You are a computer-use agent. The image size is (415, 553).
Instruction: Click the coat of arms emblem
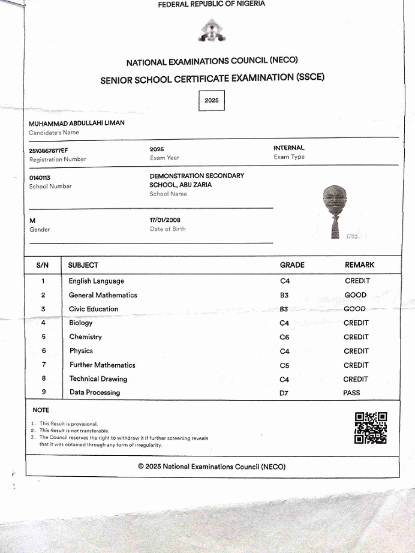coord(212,32)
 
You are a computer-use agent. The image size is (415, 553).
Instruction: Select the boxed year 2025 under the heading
coord(212,101)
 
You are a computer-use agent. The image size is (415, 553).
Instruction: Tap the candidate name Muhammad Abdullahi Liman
coord(76,123)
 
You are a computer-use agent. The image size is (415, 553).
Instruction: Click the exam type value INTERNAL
coord(289,148)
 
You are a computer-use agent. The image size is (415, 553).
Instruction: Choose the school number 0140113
coord(40,178)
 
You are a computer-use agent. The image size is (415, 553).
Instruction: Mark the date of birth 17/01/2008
coord(165,220)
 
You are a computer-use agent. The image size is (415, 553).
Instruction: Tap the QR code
coord(371,428)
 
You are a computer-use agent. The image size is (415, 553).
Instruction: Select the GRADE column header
coord(292,265)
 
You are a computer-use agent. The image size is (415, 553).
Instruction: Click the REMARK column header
coord(359,265)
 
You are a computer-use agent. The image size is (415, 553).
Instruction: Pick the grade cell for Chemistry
coord(285,337)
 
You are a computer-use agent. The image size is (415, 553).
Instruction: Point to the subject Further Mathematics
coord(103,365)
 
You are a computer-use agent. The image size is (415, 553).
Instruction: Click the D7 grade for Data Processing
coord(285,393)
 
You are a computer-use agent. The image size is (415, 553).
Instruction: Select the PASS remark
coord(352,393)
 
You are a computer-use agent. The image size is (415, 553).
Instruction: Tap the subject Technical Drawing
coord(98,378)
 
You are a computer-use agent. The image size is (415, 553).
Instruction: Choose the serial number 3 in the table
coord(43,309)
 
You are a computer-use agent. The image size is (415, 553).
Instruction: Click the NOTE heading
coord(41,410)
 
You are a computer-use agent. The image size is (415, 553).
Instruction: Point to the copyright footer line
coord(212,467)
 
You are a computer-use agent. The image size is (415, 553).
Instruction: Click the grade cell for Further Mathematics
coord(285,365)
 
